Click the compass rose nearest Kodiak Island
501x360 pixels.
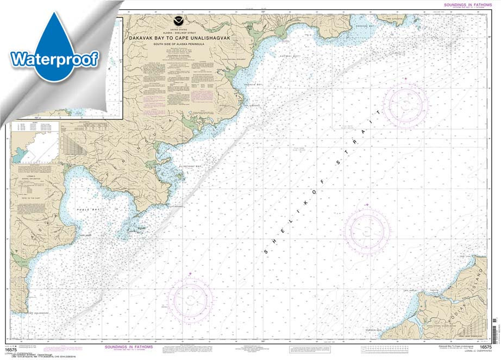click(367, 231)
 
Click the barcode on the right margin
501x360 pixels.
click(495, 331)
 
